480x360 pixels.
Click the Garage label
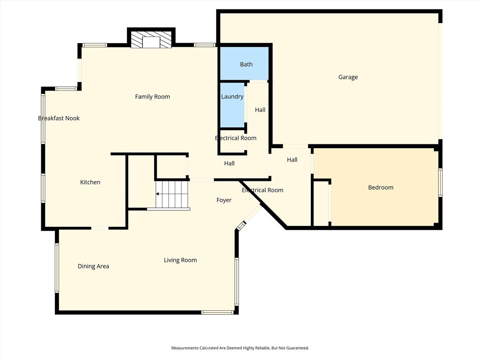pyautogui.click(x=348, y=77)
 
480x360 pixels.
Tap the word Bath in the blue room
pyautogui.click(x=246, y=64)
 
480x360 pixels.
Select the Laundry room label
pyautogui.click(x=232, y=97)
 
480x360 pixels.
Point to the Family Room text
pyautogui.click(x=152, y=97)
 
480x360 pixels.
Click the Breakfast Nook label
pyautogui.click(x=59, y=118)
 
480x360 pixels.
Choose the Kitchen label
pyautogui.click(x=90, y=182)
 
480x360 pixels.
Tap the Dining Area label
pyautogui.click(x=93, y=266)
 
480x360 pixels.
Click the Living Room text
pyautogui.click(x=180, y=260)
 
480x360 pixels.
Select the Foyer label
pyautogui.click(x=224, y=200)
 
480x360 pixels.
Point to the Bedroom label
pyautogui.click(x=380, y=187)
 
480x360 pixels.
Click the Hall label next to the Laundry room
pyautogui.click(x=260, y=110)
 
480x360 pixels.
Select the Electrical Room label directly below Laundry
pyautogui.click(x=235, y=138)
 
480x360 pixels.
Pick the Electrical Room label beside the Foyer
pyautogui.click(x=262, y=190)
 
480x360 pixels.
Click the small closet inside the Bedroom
pyautogui.click(x=321, y=203)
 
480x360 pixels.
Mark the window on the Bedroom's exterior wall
pyautogui.click(x=440, y=182)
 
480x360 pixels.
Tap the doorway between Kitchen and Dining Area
pyautogui.click(x=99, y=228)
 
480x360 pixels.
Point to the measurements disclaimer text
pyautogui.click(x=240, y=348)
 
